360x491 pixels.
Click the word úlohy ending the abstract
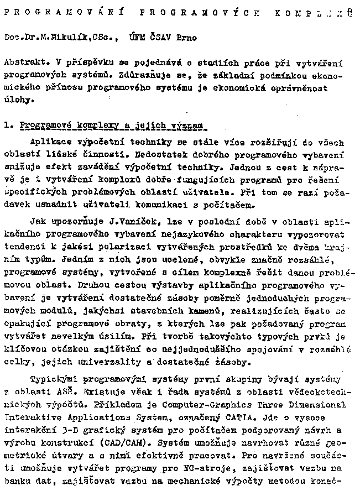(x=15, y=101)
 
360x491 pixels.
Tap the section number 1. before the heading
(x=7, y=126)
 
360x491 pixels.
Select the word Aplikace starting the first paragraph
(x=50, y=142)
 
